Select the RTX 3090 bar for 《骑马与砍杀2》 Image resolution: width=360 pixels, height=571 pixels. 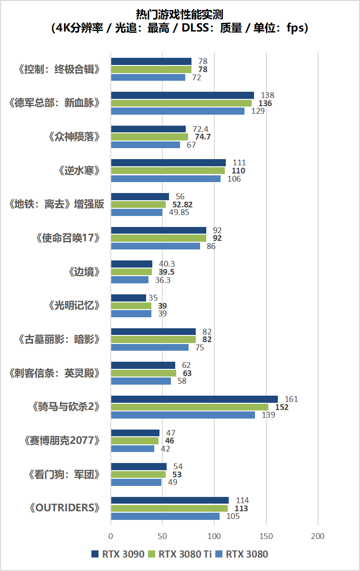tap(194, 399)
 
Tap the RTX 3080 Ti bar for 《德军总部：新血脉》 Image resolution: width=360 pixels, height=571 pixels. tap(181, 103)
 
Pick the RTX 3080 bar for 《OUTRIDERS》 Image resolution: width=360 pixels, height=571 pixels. tap(165, 516)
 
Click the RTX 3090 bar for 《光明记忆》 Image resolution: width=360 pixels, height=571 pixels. tap(128, 298)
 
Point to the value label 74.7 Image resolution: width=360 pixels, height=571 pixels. tap(201, 137)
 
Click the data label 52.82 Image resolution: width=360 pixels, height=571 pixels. tap(182, 205)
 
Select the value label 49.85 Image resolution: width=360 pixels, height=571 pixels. tap(178, 213)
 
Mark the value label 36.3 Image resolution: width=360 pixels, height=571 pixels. tap(163, 280)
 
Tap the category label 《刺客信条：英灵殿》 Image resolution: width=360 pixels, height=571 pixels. tap(55, 373)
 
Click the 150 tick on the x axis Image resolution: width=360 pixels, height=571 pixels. tap(266, 536)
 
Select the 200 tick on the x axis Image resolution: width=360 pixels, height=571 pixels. tap(318, 536)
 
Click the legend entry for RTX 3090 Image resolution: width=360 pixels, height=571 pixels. tap(117, 555)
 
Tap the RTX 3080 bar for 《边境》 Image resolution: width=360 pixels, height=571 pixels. tap(130, 280)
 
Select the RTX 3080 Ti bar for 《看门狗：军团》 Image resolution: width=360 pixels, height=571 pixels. tap(138, 474)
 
